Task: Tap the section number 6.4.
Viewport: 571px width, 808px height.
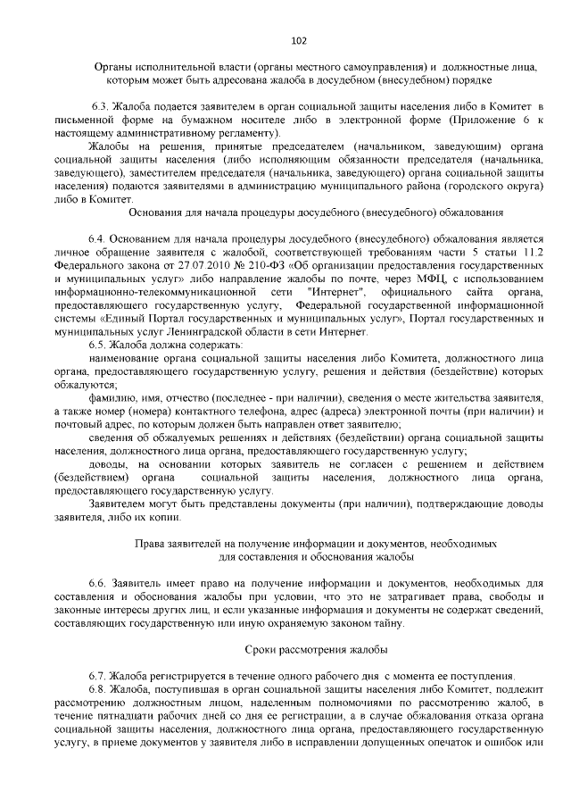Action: (97, 240)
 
